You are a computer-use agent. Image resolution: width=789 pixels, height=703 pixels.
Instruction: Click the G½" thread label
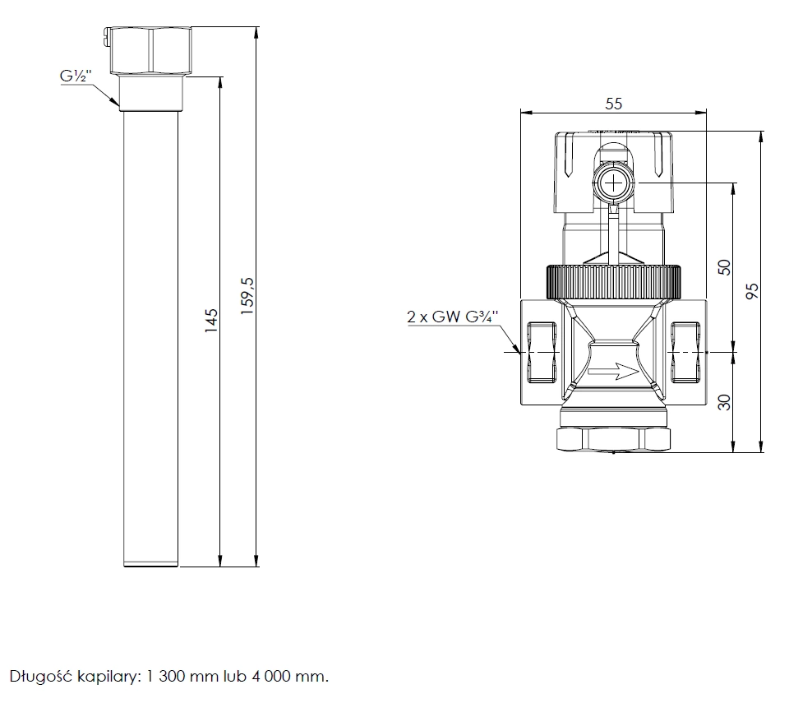pos(76,76)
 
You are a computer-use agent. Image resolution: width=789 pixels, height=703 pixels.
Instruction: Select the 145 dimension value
pos(211,321)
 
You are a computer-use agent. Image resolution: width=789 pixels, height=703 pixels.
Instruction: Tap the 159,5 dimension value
pos(247,296)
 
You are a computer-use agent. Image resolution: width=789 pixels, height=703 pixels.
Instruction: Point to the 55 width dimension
pos(613,104)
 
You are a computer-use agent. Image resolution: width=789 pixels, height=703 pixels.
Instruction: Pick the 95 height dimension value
pos(752,291)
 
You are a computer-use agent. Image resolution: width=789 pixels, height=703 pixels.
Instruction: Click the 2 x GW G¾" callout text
pos(452,317)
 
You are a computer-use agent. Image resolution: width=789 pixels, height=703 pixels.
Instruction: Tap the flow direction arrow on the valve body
pos(613,372)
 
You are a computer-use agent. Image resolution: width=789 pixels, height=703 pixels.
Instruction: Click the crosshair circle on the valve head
pos(614,183)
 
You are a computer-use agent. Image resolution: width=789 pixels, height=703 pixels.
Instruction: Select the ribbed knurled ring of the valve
pos(614,281)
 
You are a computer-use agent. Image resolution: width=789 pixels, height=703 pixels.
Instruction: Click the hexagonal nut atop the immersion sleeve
pos(150,51)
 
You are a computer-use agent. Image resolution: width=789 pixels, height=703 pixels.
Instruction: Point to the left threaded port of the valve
pos(542,352)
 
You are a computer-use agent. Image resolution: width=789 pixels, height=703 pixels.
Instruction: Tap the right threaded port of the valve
pos(685,352)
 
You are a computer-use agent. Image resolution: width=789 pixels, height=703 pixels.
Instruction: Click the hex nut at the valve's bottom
pos(614,439)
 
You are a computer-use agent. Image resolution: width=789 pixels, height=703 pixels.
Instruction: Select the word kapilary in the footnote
pos(107,677)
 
